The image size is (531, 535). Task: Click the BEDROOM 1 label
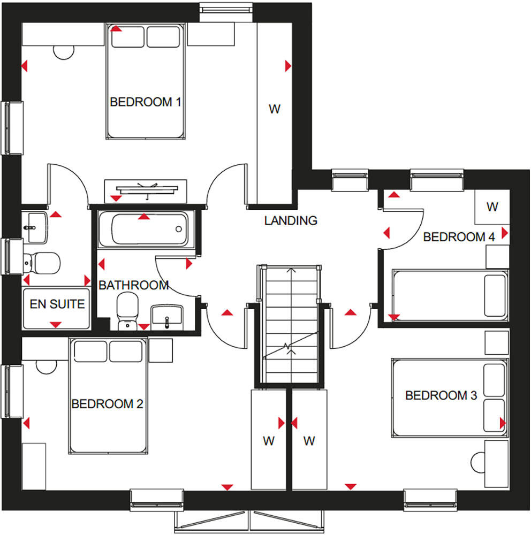click(x=146, y=102)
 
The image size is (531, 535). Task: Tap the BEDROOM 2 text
click(x=107, y=404)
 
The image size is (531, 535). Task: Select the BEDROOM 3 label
click(x=441, y=395)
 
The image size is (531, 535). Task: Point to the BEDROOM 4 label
click(x=459, y=237)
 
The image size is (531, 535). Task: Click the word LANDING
click(x=291, y=220)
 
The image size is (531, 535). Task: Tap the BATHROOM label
click(x=133, y=285)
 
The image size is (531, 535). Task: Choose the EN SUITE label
click(x=57, y=304)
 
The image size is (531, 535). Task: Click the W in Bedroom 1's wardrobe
click(x=275, y=109)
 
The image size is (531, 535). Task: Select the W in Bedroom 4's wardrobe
click(x=492, y=207)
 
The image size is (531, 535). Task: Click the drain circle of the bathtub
click(x=179, y=230)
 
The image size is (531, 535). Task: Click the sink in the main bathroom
click(x=167, y=317)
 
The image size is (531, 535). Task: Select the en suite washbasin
click(x=34, y=227)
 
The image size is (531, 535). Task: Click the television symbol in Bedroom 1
click(x=147, y=189)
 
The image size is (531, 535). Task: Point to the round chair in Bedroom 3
click(x=477, y=462)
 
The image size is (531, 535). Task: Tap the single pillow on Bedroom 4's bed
click(x=495, y=296)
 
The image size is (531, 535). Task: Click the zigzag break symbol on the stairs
click(x=287, y=347)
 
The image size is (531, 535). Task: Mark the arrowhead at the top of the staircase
click(x=291, y=271)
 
